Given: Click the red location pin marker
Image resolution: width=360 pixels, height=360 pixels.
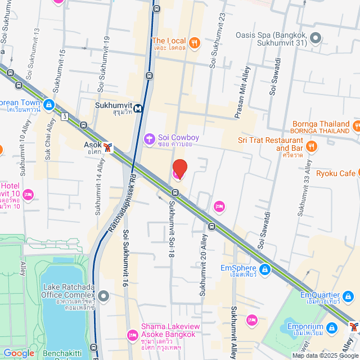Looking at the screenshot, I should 179,169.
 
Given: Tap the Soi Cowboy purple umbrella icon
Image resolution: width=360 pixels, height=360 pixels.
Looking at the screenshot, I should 150,138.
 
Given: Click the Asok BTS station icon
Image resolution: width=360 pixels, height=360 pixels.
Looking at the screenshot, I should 108,147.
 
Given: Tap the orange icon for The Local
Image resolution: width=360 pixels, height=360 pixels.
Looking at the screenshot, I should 195,42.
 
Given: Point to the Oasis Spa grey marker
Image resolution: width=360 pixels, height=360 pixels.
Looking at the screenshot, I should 316,39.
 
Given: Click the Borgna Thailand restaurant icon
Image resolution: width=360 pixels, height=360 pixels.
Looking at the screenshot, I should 357,124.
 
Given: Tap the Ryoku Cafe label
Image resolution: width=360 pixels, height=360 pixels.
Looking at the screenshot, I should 335,173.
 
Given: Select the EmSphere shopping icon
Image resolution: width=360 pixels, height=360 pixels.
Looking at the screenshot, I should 265,270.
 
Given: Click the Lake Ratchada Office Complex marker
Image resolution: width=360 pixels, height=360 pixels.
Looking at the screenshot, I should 103,295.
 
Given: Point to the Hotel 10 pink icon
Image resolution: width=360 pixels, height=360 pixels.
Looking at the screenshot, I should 28,195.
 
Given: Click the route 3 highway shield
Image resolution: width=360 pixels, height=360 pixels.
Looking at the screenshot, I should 66,116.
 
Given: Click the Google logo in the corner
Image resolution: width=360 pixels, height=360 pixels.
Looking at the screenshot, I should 19,353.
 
